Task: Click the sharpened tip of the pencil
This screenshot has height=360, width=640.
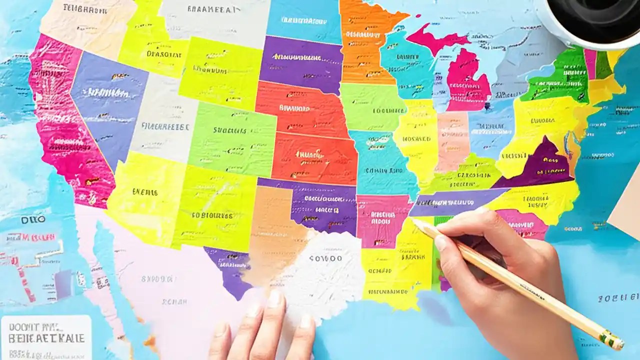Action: [413, 221]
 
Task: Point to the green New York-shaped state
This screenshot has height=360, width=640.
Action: [555, 77]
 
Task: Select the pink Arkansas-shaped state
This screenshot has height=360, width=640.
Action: [382, 220]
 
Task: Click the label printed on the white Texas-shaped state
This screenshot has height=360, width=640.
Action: [325, 258]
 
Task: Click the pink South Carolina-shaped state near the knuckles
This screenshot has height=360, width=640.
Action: [522, 222]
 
